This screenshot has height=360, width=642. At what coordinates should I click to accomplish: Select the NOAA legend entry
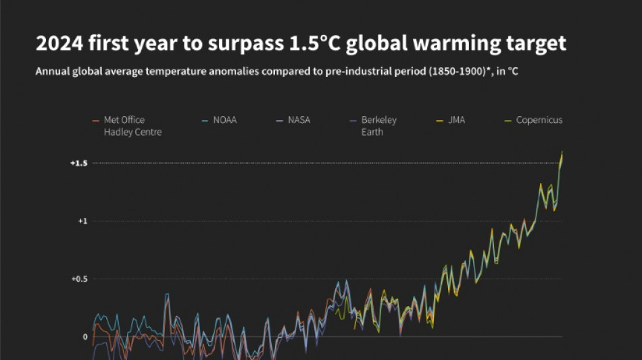(225, 120)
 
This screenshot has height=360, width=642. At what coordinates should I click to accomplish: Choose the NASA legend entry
(299, 120)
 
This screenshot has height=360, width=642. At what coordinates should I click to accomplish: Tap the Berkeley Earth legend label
(378, 126)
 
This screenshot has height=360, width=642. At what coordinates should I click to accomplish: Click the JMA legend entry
(456, 120)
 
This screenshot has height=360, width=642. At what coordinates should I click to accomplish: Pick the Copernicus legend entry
(539, 120)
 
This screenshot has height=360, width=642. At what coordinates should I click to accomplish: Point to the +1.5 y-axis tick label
(78, 163)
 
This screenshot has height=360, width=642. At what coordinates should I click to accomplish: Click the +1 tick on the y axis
(83, 221)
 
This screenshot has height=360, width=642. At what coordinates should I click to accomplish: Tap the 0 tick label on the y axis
(85, 336)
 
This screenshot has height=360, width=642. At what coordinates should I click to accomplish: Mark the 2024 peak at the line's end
(562, 152)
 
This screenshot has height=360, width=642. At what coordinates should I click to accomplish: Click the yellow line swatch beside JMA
(439, 121)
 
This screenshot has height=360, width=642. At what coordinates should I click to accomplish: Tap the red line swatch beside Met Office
(95, 121)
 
